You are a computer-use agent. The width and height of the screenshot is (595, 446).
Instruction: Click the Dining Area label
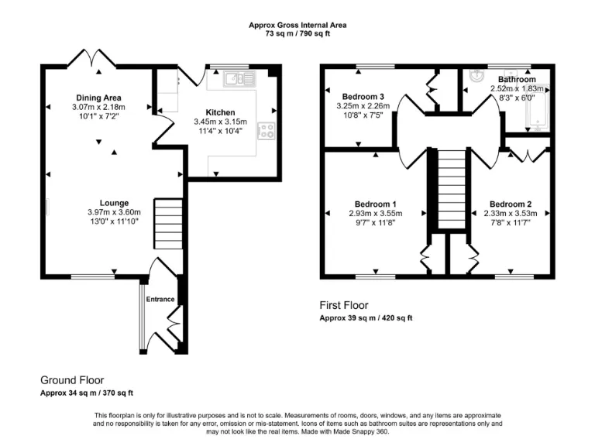(x=98, y=98)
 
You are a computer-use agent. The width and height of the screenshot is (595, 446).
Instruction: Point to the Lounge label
(x=114, y=204)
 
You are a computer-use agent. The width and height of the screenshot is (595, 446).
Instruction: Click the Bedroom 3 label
(x=359, y=97)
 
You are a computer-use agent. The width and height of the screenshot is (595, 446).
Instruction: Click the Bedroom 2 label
(x=511, y=204)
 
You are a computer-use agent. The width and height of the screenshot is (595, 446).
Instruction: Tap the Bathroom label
(x=516, y=80)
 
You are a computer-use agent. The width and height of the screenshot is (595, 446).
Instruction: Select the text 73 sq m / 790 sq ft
(x=297, y=34)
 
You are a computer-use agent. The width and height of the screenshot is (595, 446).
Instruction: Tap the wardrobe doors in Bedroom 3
(x=430, y=91)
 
